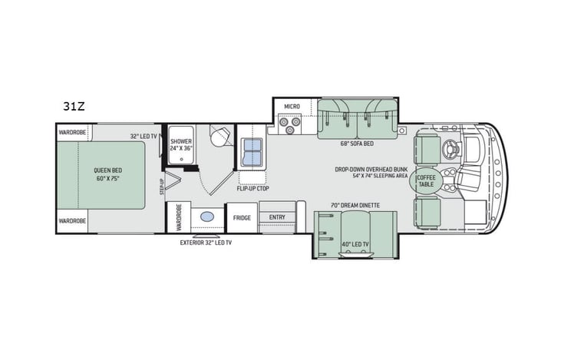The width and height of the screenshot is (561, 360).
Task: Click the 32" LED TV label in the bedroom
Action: (x=144, y=135)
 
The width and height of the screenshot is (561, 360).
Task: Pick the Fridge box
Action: (x=242, y=217)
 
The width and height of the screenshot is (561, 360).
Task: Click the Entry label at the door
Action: (x=277, y=217)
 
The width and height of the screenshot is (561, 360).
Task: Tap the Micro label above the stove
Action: (x=291, y=106)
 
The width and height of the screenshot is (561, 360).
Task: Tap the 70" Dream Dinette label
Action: (x=351, y=204)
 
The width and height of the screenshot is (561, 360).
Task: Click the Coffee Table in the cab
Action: (x=426, y=181)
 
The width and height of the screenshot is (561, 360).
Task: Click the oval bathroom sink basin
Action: (x=207, y=217)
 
